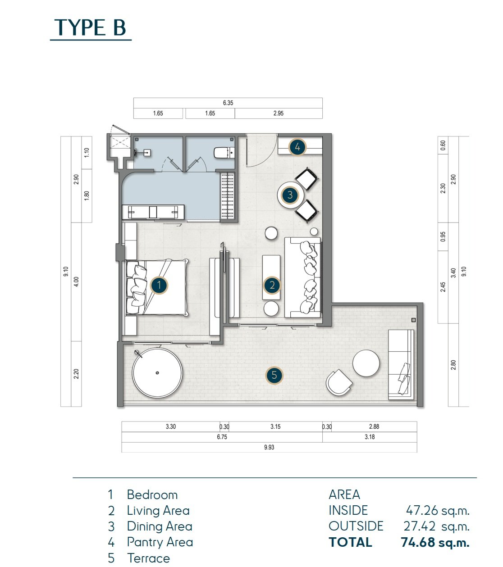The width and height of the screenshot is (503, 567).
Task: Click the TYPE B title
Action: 90,27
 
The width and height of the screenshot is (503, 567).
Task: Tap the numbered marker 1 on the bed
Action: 159,285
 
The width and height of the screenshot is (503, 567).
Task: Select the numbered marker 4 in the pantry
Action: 297,147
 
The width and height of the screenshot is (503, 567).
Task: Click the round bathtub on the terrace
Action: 157,373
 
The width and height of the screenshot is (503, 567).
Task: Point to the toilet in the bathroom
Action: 224,153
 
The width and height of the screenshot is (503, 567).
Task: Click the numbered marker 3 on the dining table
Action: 290,195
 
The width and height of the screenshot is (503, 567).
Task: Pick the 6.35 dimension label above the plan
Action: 228,103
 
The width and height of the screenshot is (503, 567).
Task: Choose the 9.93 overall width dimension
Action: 269,447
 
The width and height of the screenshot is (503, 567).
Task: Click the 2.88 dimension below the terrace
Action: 374,426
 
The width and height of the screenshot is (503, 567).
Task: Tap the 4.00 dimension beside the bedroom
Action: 76,281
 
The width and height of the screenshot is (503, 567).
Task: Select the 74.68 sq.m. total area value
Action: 435,542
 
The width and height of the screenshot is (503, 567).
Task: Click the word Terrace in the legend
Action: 148,558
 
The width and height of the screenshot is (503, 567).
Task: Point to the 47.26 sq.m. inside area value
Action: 438,510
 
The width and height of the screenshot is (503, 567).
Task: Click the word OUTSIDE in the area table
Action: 356,526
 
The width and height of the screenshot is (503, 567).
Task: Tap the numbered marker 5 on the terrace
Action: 274,375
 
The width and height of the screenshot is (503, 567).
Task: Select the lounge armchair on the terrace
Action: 339,382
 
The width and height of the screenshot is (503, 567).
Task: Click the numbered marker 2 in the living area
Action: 272,285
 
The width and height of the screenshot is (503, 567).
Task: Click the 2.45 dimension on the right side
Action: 443,287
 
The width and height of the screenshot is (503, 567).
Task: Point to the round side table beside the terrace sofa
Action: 366,363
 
